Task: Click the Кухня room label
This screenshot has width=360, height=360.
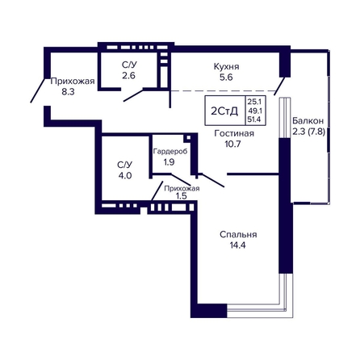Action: click(226, 66)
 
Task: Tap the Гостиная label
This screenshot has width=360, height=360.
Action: click(234, 133)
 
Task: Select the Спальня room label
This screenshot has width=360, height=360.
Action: click(238, 235)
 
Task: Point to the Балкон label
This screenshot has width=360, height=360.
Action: click(308, 121)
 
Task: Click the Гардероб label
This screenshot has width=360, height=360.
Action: click(170, 152)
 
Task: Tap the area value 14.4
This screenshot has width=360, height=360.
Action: click(237, 245)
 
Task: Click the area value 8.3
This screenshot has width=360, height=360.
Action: click(68, 92)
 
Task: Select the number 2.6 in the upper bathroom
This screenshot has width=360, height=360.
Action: click(128, 76)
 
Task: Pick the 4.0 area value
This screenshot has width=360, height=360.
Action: click(125, 176)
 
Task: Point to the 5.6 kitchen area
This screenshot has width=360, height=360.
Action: click(226, 77)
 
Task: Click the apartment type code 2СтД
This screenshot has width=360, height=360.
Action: click(224, 111)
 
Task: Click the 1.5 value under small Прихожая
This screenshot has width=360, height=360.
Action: click(181, 196)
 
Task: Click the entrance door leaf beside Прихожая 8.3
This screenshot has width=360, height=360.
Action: click(37, 90)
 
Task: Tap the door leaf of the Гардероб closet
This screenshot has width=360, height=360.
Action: click(181, 180)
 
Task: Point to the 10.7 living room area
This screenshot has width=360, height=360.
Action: click(232, 144)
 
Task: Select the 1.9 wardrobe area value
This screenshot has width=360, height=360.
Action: click(169, 162)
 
